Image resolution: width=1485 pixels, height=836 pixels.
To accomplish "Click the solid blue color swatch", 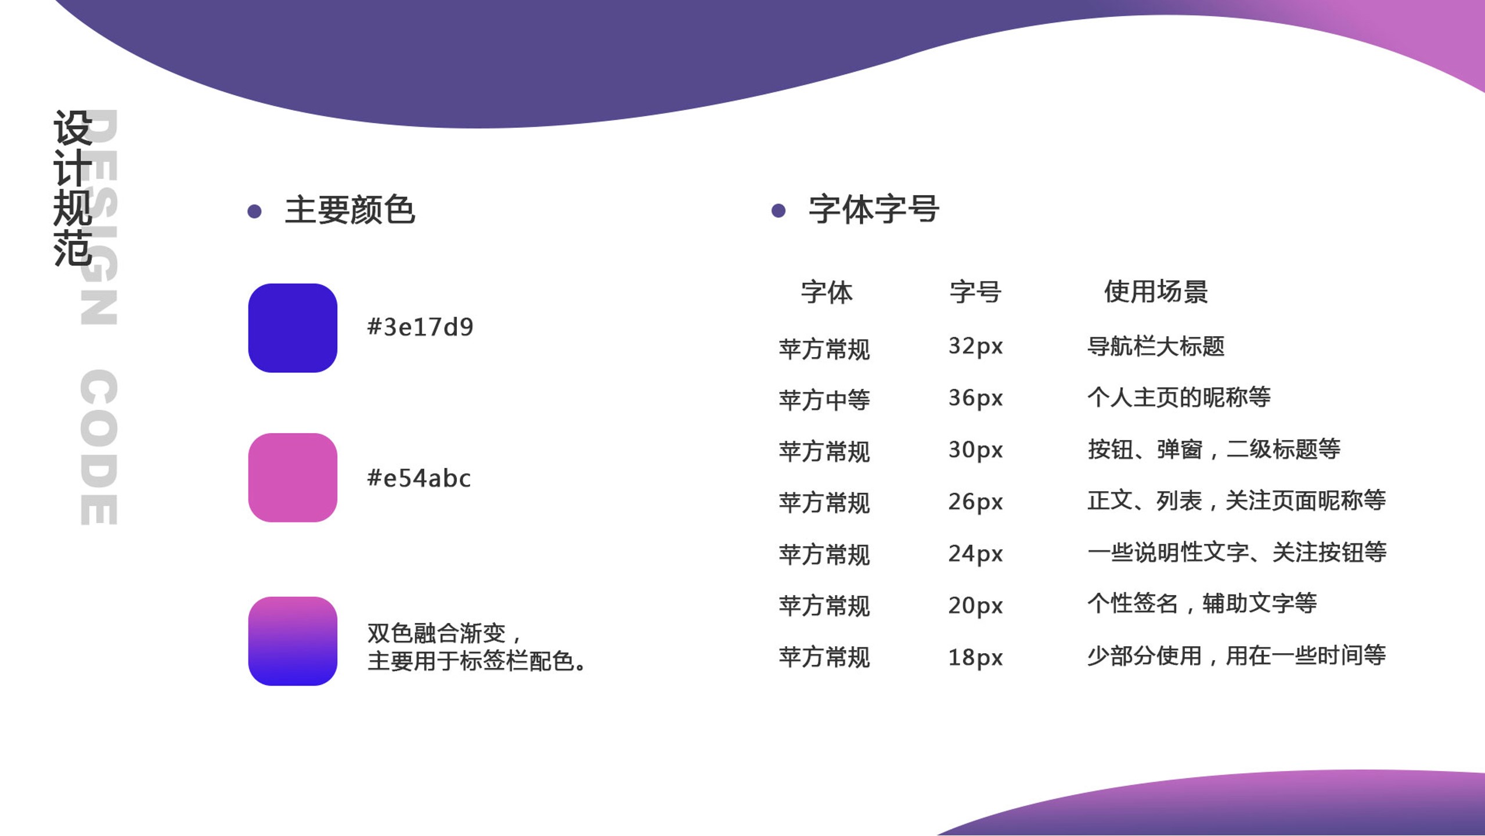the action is coord(293,328).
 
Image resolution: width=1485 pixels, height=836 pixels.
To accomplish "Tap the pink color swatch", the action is coord(293,478).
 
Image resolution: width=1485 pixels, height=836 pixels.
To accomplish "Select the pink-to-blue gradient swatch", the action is coord(293,642).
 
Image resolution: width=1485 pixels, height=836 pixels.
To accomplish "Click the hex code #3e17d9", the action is coord(420,327).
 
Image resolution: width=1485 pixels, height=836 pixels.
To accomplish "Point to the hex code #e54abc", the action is coord(419,478).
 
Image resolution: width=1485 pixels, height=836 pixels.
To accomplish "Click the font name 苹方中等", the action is coord(824,400).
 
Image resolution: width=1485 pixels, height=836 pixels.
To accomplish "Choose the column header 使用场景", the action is coord(1156,291).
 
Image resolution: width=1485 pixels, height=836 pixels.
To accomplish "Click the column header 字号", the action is coord(975,291).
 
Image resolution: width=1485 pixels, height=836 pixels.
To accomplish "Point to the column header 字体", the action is coord(827,291).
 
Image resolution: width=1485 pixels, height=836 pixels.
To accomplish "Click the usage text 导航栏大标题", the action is coord(1156,347).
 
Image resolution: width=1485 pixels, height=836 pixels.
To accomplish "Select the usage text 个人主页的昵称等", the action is coord(1179,398).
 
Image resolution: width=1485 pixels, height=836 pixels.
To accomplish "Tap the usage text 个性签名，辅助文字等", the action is coord(1202,604).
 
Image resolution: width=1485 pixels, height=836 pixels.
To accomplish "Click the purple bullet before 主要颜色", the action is coord(254,211).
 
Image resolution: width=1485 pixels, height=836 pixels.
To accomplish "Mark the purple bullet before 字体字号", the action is coord(778,211).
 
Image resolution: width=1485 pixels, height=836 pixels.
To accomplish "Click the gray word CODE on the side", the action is coord(99,447).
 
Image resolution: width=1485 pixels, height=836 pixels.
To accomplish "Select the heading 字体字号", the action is coord(874,210).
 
